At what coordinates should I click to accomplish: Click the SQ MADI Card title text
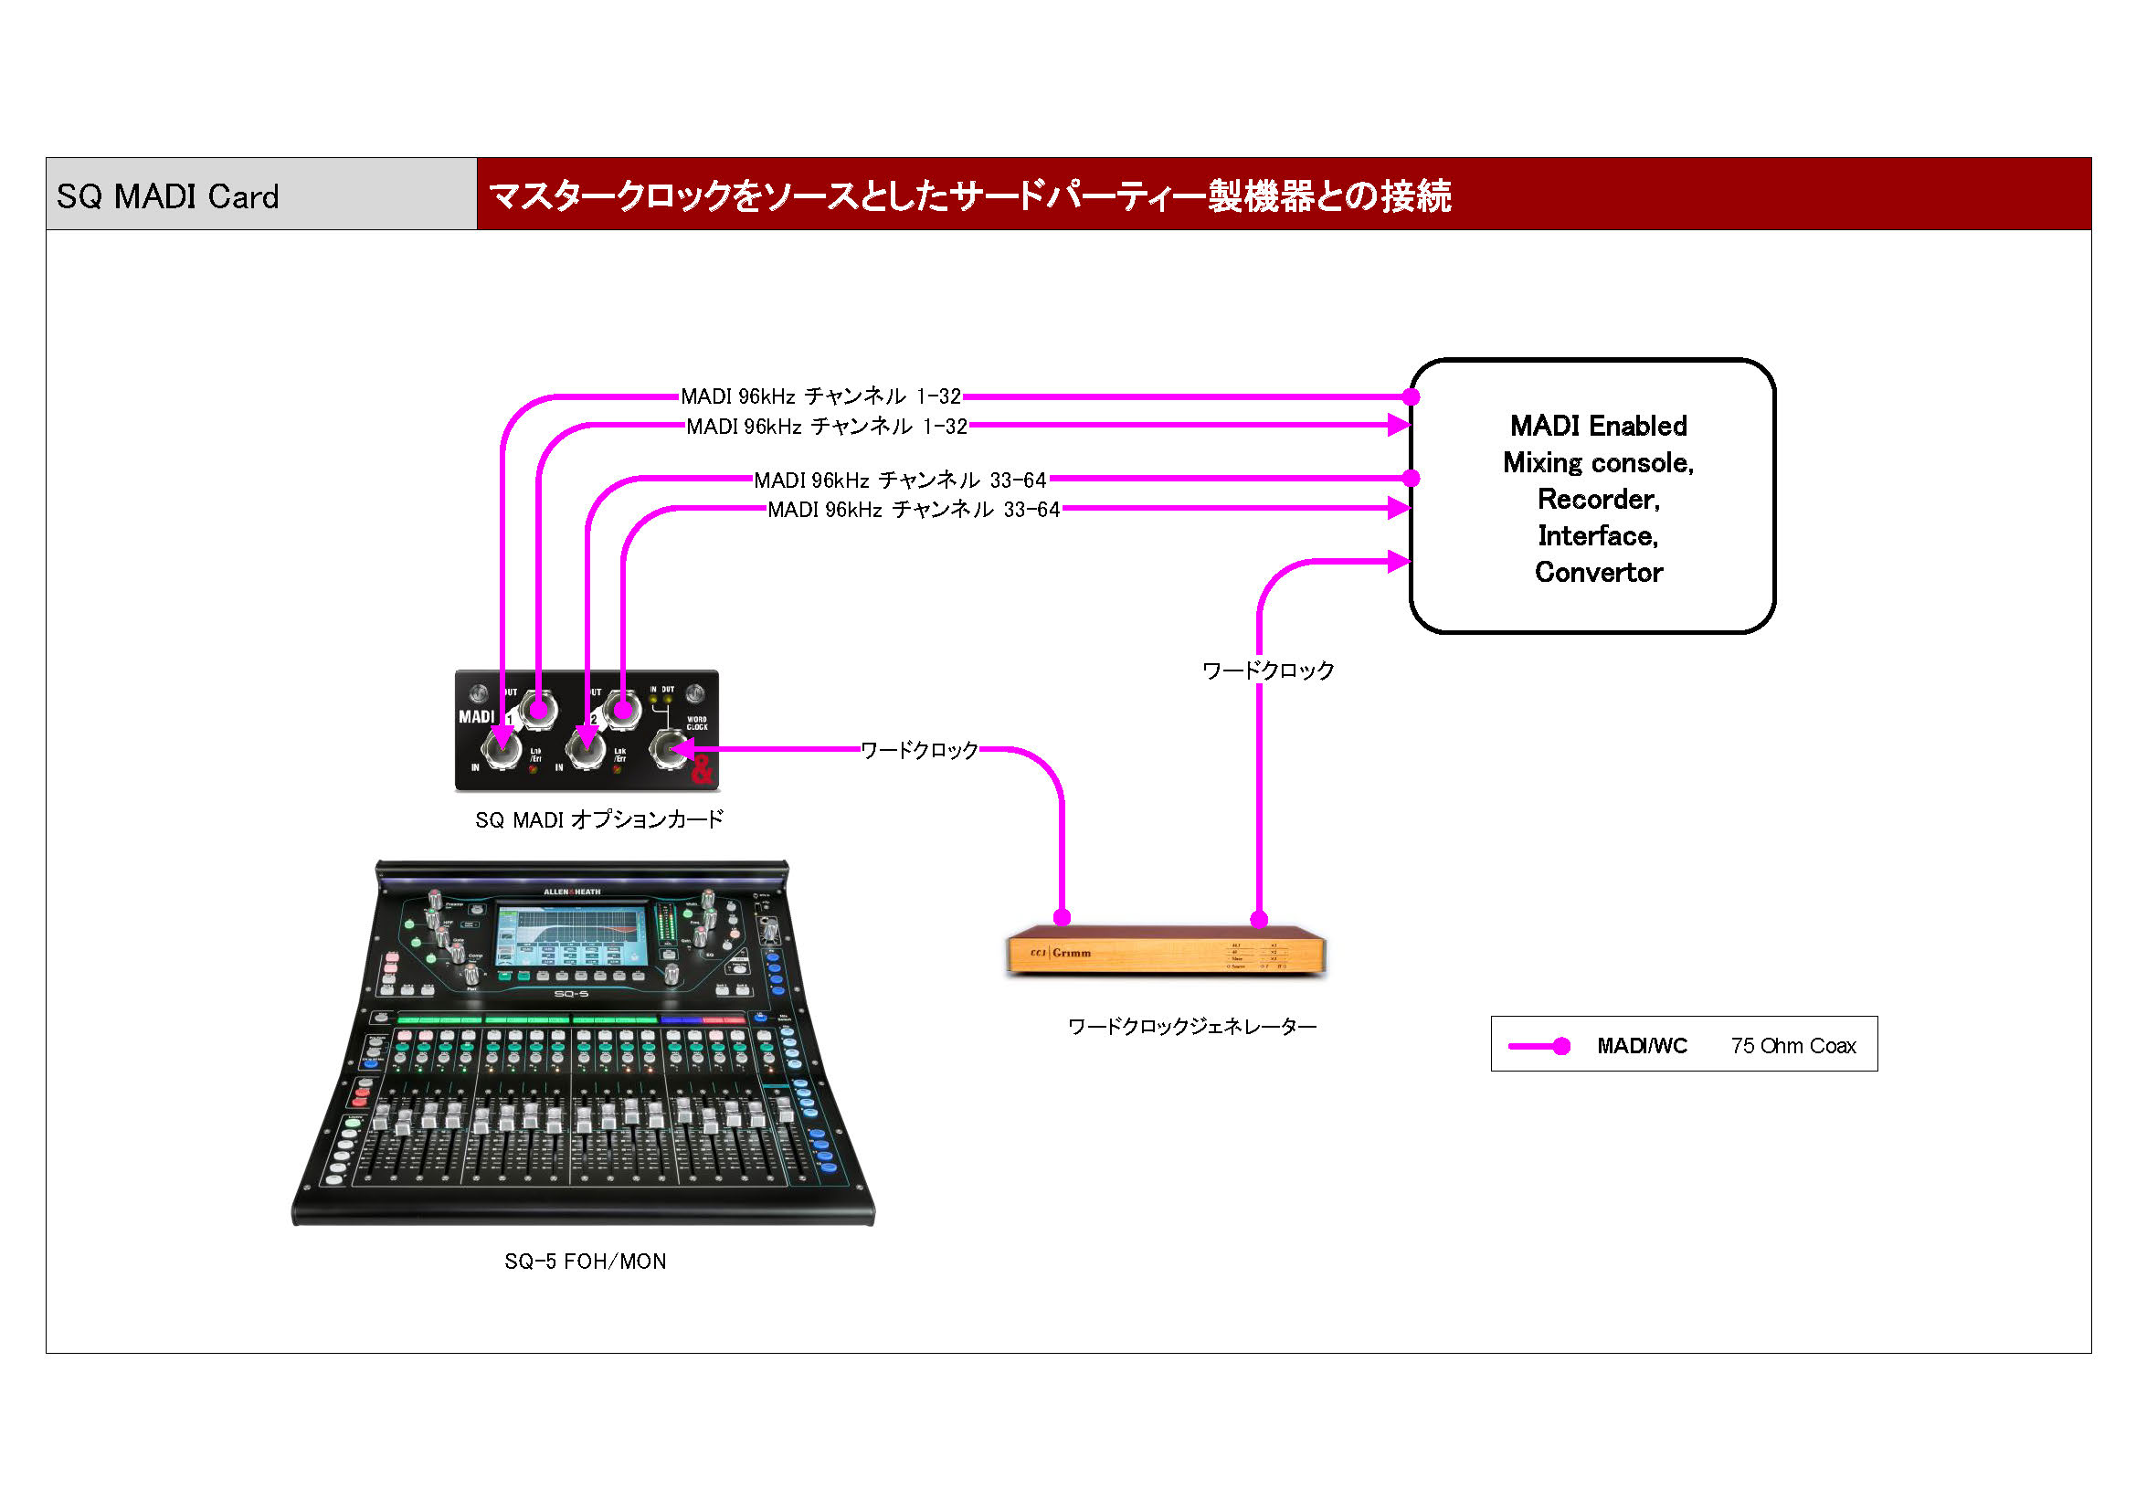167,196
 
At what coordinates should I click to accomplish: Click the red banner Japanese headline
968,195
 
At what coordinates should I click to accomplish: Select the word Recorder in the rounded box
1597,500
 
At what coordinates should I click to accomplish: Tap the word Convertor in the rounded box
1597,572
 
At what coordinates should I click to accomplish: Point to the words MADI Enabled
1597,426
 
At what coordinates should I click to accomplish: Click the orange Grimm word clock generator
1165,952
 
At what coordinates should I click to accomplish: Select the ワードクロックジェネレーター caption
1191,1026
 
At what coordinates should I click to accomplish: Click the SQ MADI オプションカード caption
599,819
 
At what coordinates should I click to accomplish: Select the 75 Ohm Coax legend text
1792,1046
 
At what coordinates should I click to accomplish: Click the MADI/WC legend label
1642,1046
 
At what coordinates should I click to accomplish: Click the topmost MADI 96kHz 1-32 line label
820,396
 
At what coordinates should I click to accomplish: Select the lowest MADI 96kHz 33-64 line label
913,509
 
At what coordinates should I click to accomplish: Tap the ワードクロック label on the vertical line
1267,670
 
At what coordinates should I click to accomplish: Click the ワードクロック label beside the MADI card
918,750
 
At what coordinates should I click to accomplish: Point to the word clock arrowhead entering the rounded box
1397,561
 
